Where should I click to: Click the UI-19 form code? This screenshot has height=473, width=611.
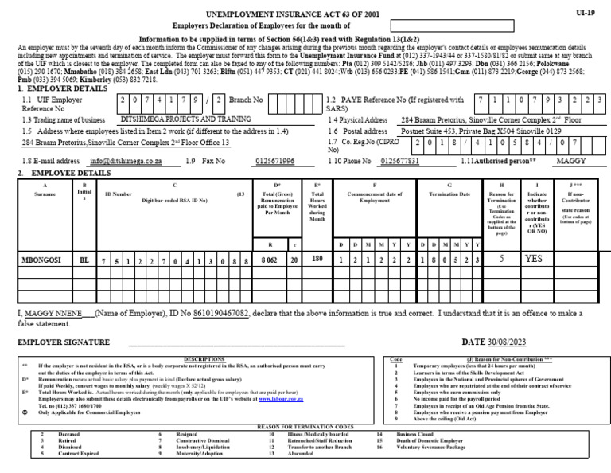[585, 14]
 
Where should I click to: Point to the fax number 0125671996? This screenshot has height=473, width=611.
[274, 161]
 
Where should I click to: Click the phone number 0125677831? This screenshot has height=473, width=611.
[400, 161]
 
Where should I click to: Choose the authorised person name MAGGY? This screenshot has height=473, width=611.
[570, 161]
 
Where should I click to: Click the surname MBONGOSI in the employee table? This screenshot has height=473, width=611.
[41, 260]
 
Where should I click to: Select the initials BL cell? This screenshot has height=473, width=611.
[85, 260]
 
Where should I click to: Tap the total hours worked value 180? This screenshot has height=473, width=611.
[317, 259]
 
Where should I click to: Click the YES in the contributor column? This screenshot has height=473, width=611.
[534, 259]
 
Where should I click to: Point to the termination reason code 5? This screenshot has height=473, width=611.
[500, 259]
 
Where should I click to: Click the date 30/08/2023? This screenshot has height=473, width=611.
[504, 342]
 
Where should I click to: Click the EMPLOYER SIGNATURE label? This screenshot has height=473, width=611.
[64, 342]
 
